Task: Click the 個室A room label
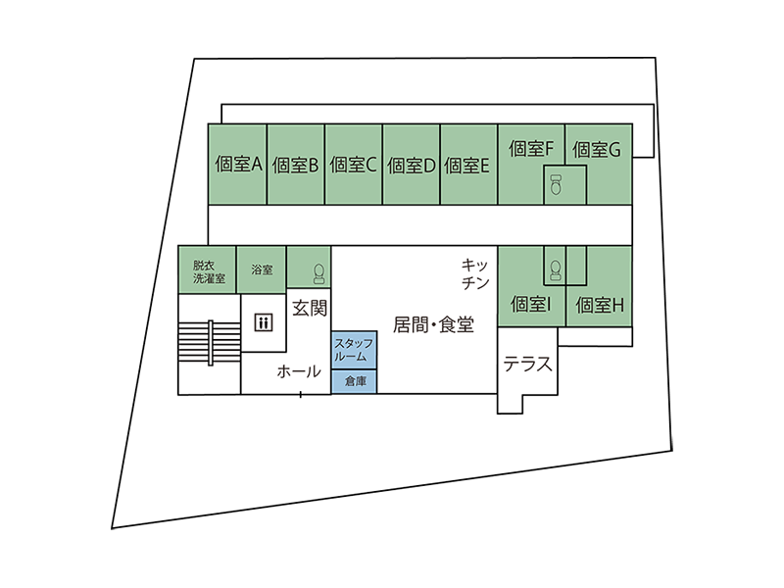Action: (x=236, y=165)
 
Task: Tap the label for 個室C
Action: (x=353, y=166)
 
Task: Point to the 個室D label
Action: (x=411, y=166)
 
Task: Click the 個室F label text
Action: (x=532, y=149)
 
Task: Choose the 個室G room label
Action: (x=597, y=150)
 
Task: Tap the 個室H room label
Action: (x=600, y=305)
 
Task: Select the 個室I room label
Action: (x=531, y=305)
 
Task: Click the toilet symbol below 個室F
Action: (x=556, y=184)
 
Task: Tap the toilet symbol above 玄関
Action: (x=318, y=269)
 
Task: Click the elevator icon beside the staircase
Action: (x=263, y=321)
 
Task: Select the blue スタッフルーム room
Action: (x=353, y=349)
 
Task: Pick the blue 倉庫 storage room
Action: (x=354, y=381)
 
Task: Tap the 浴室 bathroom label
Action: (x=262, y=269)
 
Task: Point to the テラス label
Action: (x=528, y=366)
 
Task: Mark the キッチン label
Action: (x=475, y=274)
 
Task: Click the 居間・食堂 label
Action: (x=433, y=323)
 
